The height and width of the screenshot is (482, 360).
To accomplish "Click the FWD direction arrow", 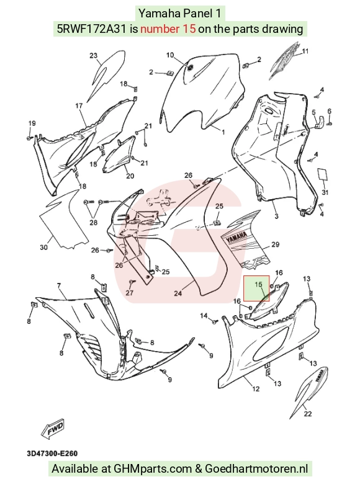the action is (x=53, y=427).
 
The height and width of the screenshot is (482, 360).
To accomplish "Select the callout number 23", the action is (x=94, y=56).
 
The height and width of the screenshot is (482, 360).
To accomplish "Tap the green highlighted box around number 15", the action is (x=256, y=288).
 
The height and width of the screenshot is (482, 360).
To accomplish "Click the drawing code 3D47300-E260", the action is (x=52, y=453).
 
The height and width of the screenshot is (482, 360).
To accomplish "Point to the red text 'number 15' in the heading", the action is (x=168, y=29).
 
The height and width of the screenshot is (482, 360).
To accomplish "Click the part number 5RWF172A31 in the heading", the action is (x=92, y=29).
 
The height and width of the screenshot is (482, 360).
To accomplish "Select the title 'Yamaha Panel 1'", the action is (x=180, y=14).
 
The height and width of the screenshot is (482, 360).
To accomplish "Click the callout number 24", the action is (x=178, y=293).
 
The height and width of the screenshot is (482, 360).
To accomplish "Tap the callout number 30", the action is (x=44, y=247).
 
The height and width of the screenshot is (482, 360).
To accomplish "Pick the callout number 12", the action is (x=256, y=389).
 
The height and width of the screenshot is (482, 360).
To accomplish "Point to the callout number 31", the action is (x=325, y=192).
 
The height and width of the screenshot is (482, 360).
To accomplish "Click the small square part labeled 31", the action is (x=323, y=174).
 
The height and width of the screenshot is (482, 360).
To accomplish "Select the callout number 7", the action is (x=59, y=286).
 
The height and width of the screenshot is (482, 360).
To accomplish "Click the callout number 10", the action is (x=170, y=55).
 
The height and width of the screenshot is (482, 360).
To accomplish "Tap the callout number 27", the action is (x=130, y=292).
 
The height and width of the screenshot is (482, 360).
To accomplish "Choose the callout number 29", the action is (x=276, y=244).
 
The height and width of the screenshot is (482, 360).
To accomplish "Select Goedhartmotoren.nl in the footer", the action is (x=256, y=469).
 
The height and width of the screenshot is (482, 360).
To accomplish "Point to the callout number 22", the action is (x=308, y=414).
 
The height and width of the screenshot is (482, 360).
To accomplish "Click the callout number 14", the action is (x=204, y=316).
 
